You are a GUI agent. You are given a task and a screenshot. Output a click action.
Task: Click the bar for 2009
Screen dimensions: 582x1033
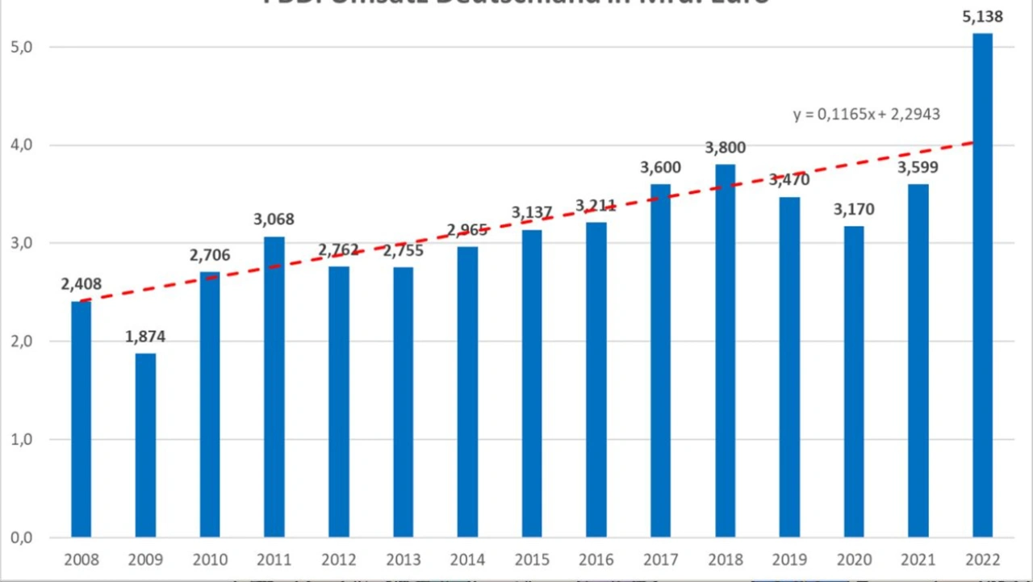pyautogui.click(x=145, y=445)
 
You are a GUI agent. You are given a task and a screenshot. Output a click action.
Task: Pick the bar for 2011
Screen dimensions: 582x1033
pyautogui.click(x=274, y=387)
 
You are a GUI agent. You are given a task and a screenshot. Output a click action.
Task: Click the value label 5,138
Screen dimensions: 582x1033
pyautogui.click(x=982, y=17)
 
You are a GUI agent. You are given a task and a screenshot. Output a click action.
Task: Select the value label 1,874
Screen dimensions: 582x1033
pyautogui.click(x=145, y=337)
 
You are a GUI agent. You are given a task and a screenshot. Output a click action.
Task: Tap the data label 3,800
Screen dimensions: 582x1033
pyautogui.click(x=725, y=148)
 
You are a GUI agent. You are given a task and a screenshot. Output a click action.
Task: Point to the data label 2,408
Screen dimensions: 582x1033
pyautogui.click(x=81, y=284)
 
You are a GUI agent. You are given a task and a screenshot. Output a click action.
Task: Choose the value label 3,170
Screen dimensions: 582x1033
pyautogui.click(x=854, y=210)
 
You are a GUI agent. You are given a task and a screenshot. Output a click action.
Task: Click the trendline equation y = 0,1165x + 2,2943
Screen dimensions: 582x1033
pyautogui.click(x=866, y=115)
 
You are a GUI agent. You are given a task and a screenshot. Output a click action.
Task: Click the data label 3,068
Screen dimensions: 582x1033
pyautogui.click(x=274, y=219)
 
